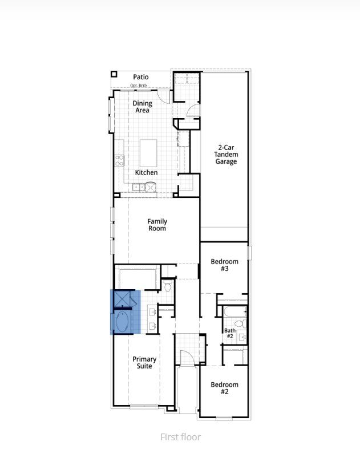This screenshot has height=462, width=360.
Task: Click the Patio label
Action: [141, 77]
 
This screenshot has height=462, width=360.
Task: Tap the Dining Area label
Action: [143, 107]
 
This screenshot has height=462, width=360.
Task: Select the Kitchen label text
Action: [146, 172]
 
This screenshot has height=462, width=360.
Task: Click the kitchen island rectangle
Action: [149, 151]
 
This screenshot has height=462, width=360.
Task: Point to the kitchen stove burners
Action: [120, 160]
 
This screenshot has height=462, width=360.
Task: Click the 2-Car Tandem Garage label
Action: [226, 155]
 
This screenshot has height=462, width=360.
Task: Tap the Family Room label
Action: [157, 225]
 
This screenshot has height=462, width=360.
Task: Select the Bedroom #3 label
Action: [224, 265]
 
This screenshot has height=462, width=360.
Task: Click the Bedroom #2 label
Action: [224, 388]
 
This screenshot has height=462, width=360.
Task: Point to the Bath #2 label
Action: [229, 333]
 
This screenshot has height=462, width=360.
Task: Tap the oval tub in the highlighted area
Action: [122, 321]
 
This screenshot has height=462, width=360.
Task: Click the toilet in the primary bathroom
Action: [167, 286]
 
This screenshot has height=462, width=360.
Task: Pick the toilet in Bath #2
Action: [241, 323]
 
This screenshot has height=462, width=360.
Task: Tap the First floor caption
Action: [180, 437]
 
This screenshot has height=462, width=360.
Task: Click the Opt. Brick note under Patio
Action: [139, 86]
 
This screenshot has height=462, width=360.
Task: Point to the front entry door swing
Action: [188, 358]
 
